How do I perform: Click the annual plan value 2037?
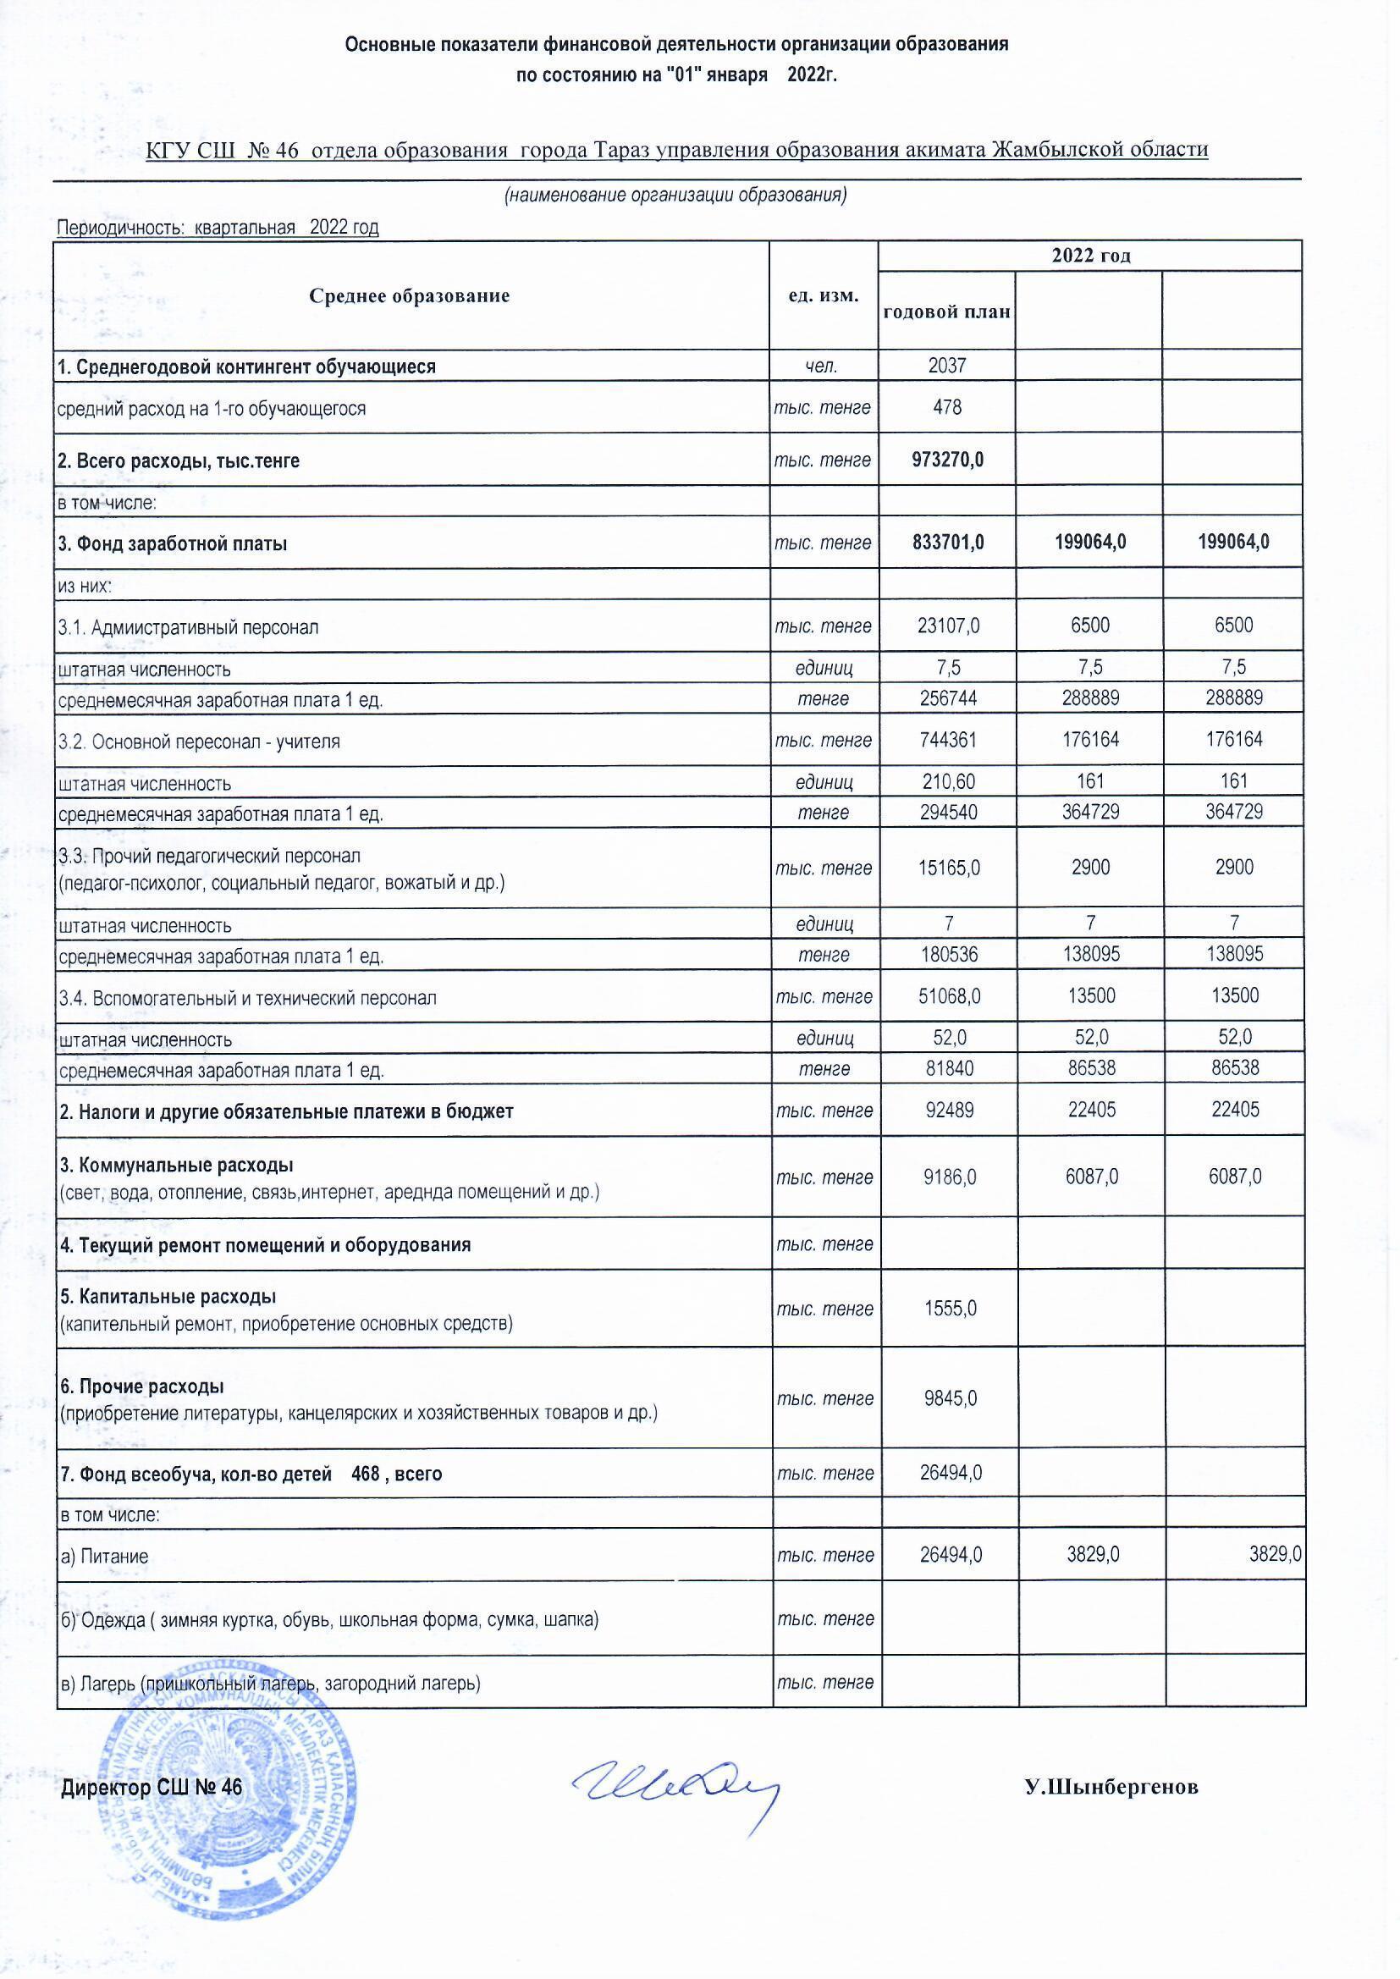click(946, 366)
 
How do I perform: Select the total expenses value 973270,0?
click(947, 460)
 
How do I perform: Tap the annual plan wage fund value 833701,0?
click(947, 543)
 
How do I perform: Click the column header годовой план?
click(946, 311)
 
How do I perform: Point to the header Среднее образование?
click(410, 295)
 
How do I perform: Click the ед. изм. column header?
click(824, 295)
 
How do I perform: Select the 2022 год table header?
click(1089, 256)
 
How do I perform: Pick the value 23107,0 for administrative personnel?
click(947, 626)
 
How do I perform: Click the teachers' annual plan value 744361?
click(947, 740)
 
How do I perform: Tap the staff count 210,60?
click(947, 782)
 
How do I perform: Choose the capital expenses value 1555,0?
click(950, 1309)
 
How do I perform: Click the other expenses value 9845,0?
click(950, 1398)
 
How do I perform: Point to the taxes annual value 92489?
click(948, 1111)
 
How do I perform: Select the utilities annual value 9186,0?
click(948, 1177)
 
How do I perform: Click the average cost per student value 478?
click(946, 407)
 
